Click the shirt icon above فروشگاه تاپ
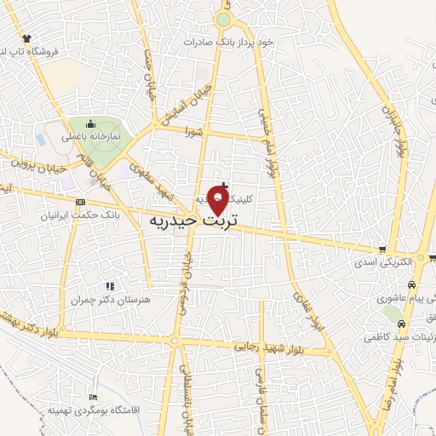(x=26, y=38)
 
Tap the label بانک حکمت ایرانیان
(x=81, y=215)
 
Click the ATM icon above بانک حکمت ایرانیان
(x=80, y=202)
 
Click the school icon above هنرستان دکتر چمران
(x=109, y=286)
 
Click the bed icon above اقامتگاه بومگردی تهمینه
(x=94, y=398)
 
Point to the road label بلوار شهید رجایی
(x=271, y=347)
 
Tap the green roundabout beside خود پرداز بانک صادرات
(x=223, y=19)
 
